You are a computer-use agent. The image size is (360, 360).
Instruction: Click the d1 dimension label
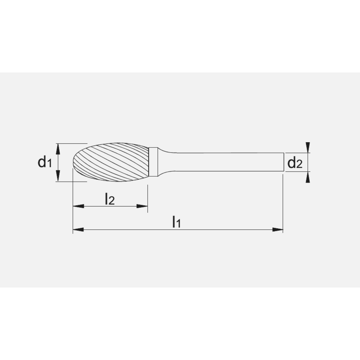click(44, 163)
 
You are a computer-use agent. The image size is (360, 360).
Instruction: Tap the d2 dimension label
click(294, 164)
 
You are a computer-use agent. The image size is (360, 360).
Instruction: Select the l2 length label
click(109, 199)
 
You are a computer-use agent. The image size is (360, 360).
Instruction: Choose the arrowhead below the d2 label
click(307, 177)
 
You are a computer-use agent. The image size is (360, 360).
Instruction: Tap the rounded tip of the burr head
click(75, 162)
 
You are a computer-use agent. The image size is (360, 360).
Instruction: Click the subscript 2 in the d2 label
click(299, 165)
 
